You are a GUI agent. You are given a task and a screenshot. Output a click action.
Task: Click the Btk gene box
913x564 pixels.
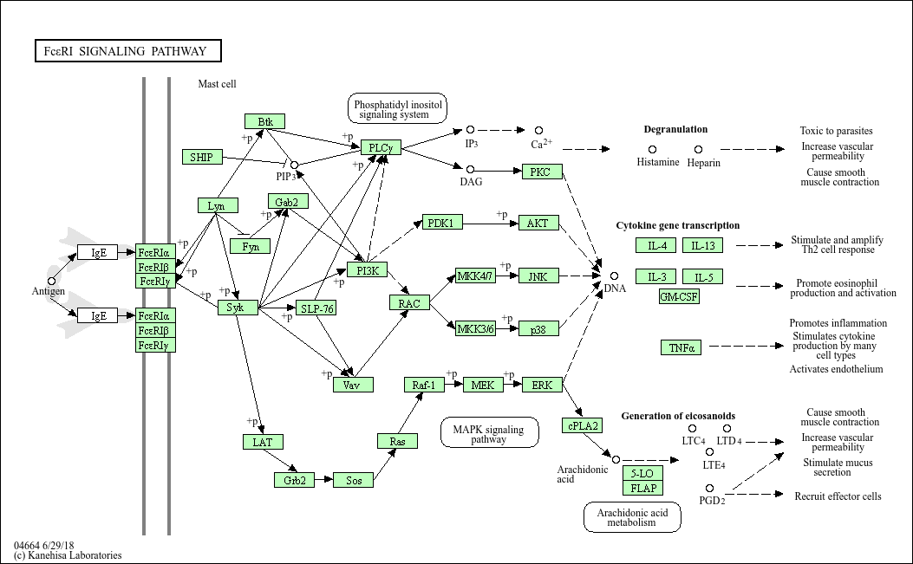tap(265, 121)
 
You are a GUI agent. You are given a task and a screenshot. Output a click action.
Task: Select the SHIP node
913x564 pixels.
tap(202, 157)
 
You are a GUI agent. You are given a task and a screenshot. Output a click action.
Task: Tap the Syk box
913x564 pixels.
tap(238, 308)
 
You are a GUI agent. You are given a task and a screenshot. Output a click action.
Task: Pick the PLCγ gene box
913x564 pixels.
tap(381, 147)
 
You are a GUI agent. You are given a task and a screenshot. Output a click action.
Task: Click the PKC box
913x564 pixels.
tap(542, 172)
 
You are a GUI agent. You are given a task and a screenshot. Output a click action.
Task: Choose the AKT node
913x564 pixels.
tap(538, 223)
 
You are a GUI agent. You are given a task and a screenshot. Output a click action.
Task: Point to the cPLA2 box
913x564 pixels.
tap(583, 425)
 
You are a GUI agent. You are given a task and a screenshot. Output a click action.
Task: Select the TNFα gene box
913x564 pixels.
tap(681, 347)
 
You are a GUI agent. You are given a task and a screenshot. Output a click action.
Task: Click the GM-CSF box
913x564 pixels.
tap(679, 296)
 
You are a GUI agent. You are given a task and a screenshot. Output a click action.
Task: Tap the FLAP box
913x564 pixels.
tap(642, 488)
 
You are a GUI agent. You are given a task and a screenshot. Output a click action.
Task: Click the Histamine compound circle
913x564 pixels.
tap(653, 150)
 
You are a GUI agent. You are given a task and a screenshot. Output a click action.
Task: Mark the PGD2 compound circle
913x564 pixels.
tap(709, 489)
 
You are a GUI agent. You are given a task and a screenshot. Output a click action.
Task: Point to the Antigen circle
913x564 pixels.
tap(51, 281)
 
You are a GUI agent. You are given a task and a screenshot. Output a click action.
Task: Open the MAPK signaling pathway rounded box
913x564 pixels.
tap(489, 432)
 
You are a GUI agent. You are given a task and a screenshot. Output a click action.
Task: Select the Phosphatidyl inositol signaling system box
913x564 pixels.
tap(398, 108)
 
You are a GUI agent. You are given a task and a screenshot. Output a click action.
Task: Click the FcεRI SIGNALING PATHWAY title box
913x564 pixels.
tap(128, 50)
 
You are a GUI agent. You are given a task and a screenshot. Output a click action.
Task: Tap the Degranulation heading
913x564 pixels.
tap(675, 129)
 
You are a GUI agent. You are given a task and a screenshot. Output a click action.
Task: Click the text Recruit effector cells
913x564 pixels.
tap(838, 496)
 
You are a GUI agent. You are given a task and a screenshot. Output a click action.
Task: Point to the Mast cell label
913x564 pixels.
tap(217, 84)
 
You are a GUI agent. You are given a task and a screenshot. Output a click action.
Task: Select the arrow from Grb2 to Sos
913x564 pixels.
tap(323, 480)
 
